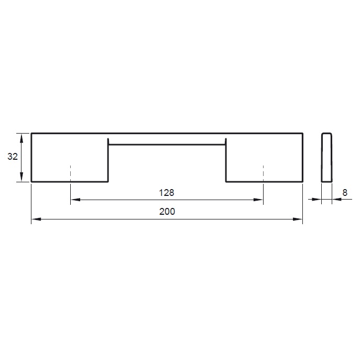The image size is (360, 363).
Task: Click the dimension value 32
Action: (x=13, y=157)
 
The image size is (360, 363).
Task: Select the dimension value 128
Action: (x=167, y=193)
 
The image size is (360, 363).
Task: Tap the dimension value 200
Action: (x=167, y=212)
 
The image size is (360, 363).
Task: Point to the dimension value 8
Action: (x=345, y=193)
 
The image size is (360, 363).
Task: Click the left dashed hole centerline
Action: (x=70, y=173)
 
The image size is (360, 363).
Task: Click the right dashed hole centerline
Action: (x=264, y=173)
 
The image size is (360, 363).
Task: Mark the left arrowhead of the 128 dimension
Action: (x=75, y=200)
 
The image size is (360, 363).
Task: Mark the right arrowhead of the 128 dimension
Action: (x=258, y=200)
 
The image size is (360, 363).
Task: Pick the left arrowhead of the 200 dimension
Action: (x=36, y=219)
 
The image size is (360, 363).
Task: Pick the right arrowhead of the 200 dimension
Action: (x=298, y=219)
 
